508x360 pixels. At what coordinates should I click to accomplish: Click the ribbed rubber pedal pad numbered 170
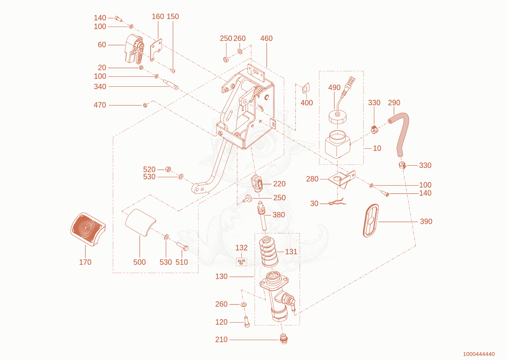point(88,229)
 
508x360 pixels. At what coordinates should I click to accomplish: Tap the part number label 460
point(266,38)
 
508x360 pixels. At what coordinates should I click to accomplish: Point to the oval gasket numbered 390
point(371,220)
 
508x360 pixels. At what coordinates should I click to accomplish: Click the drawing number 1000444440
point(479,354)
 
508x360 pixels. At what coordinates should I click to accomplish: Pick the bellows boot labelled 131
point(269,252)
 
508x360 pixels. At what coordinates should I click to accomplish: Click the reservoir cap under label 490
point(338,117)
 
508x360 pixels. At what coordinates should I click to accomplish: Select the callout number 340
point(100,87)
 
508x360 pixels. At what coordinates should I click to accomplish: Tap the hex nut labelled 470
point(145,105)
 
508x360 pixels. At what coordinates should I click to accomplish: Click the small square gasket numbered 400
point(306,88)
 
